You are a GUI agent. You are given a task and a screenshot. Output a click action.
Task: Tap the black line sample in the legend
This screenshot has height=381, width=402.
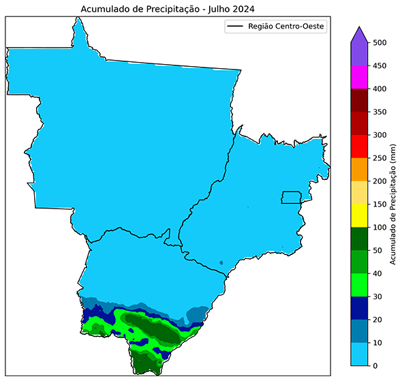[x=236, y=27]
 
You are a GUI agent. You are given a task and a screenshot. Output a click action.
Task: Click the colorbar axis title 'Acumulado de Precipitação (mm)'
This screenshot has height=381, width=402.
[x=394, y=204]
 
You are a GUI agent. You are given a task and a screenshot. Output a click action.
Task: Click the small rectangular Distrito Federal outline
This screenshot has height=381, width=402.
[x=292, y=197]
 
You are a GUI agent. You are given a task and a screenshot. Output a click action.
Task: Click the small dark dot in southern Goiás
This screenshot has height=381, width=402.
[x=221, y=262]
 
